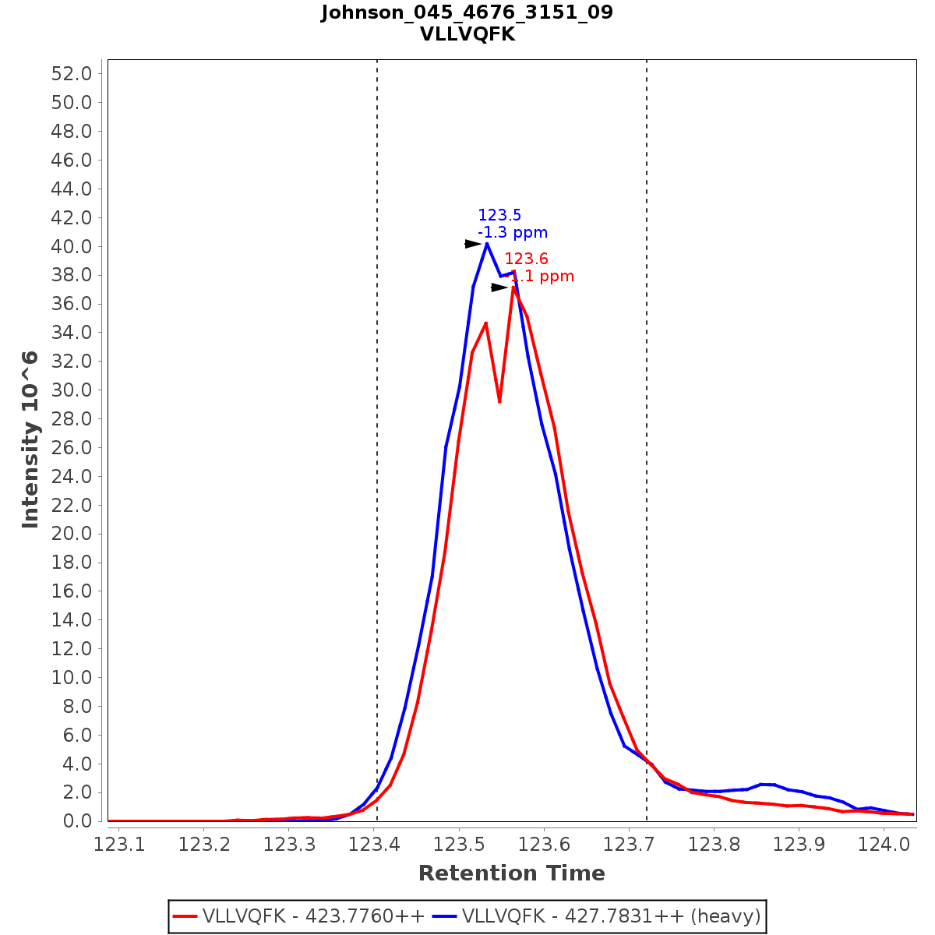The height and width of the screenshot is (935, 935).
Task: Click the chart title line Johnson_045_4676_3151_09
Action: (467, 12)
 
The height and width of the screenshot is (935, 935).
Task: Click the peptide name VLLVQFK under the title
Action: (467, 34)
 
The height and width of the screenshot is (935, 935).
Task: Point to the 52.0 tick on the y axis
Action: (72, 74)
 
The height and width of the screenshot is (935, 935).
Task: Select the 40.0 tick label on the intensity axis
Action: (72, 247)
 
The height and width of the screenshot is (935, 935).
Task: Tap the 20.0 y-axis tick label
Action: (72, 534)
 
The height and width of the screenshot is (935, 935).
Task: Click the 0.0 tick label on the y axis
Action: (78, 821)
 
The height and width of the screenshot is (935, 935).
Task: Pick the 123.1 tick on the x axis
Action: (119, 845)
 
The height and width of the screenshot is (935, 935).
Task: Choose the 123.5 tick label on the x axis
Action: (459, 845)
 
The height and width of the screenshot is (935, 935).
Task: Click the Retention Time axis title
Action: (511, 873)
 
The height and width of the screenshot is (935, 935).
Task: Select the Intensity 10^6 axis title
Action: (30, 439)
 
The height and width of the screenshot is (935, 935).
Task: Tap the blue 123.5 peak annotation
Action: (499, 216)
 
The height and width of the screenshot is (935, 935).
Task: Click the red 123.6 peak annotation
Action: (526, 259)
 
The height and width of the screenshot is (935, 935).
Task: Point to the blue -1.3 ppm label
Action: (512, 233)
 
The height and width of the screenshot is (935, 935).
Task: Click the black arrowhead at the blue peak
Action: (474, 244)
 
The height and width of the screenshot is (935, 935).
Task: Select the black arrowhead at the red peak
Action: (499, 288)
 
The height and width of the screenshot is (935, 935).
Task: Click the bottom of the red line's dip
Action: (499, 401)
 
